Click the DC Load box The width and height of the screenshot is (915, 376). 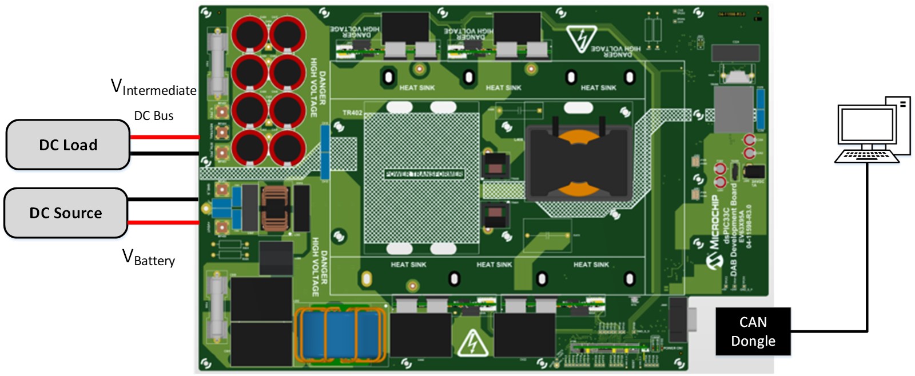click(x=67, y=145)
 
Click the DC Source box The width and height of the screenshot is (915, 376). click(x=65, y=213)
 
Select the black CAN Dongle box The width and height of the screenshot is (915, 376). click(x=753, y=331)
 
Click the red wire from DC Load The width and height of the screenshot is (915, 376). click(x=164, y=137)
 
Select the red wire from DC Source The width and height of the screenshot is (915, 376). click(x=163, y=222)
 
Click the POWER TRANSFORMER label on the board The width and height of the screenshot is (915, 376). click(x=424, y=174)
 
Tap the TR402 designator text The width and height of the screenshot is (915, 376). click(x=352, y=113)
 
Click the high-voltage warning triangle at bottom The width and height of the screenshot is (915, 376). click(x=472, y=343)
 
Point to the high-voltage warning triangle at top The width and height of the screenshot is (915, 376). click(x=582, y=39)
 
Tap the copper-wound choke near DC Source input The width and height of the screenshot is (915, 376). click(x=275, y=209)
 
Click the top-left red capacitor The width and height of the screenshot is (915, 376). click(x=249, y=34)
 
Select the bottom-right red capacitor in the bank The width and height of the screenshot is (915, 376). click(x=287, y=148)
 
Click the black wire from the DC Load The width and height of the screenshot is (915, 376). click(x=164, y=153)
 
